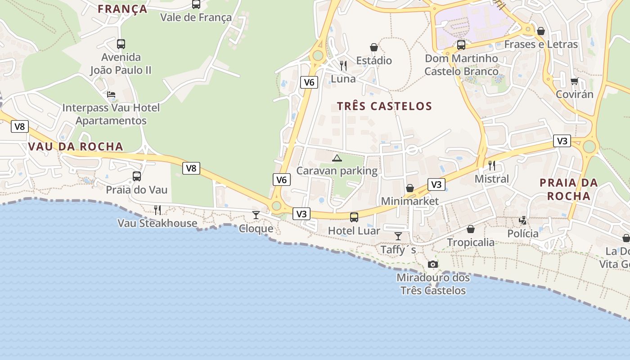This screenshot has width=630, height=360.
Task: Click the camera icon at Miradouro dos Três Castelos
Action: [432, 264]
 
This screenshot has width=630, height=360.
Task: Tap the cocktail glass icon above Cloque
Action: [256, 215]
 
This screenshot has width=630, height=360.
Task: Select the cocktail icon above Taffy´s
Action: [398, 236]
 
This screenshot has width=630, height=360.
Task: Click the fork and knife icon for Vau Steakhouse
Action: [157, 210]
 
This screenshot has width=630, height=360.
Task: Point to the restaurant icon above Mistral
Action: [492, 166]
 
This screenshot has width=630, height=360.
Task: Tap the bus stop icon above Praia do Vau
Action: [137, 176]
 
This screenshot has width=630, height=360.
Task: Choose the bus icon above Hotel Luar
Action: [354, 217]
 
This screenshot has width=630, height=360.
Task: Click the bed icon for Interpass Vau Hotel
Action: [111, 94]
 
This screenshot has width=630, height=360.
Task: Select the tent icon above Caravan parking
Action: [337, 158]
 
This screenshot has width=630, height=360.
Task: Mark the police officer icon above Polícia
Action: [523, 220]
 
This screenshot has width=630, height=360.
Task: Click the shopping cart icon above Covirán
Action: [574, 81]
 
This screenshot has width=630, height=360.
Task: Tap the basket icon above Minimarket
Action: [410, 188]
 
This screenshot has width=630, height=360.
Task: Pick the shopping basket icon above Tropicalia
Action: [471, 229]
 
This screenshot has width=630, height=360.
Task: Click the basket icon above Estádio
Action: [374, 47]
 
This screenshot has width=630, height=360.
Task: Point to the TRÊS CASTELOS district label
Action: [384, 106]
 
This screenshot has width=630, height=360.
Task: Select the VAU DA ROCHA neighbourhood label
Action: [76, 146]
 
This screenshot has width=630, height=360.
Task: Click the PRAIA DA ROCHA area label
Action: [568, 189]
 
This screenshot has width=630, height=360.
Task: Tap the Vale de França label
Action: [196, 18]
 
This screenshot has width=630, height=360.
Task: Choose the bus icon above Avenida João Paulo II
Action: [121, 44]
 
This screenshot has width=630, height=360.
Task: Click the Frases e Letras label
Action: [541, 44]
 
